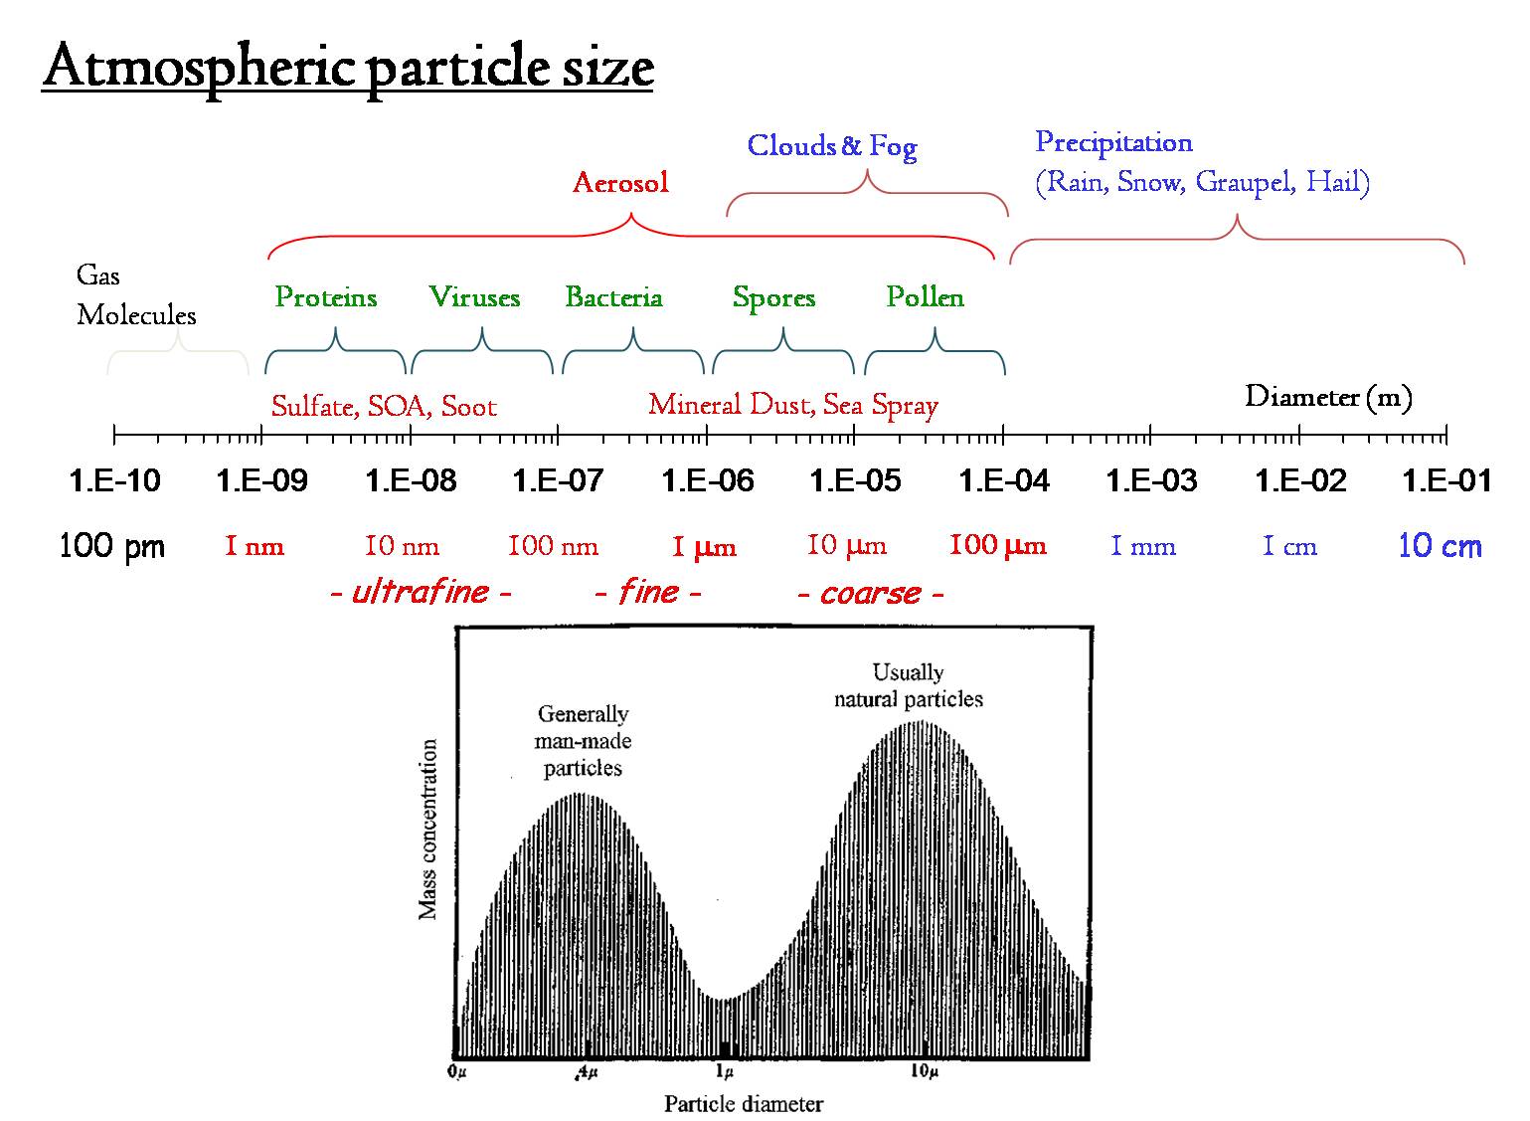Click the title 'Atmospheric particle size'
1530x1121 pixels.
pyautogui.click(x=347, y=68)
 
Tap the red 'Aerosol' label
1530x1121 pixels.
pyautogui.click(x=620, y=183)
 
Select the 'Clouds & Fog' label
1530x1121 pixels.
pyautogui.click(x=831, y=146)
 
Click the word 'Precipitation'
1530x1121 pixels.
pyautogui.click(x=1113, y=142)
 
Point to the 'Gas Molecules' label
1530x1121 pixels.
pyautogui.click(x=136, y=295)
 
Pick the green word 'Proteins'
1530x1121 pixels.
pyautogui.click(x=326, y=297)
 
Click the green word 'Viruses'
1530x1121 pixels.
pyautogui.click(x=474, y=297)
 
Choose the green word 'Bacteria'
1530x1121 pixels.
pyautogui.click(x=613, y=297)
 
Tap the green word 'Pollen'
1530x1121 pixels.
pyautogui.click(x=925, y=297)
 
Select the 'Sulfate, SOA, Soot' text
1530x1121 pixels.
pyautogui.click(x=384, y=406)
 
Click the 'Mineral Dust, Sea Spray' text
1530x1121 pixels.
pyautogui.click(x=793, y=405)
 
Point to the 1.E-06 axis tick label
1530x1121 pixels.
pyautogui.click(x=708, y=481)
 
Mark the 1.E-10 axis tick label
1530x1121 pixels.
pyautogui.click(x=114, y=481)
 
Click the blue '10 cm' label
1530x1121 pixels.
pyautogui.click(x=1440, y=546)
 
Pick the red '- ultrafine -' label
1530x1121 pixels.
pyautogui.click(x=420, y=593)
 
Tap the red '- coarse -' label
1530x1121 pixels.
pyautogui.click(x=871, y=594)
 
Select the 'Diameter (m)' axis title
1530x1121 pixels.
pyautogui.click(x=1328, y=398)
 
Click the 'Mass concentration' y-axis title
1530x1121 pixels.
pyautogui.click(x=428, y=830)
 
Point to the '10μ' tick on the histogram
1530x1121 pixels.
pyautogui.click(x=924, y=1071)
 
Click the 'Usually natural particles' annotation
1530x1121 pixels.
pyautogui.click(x=908, y=686)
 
